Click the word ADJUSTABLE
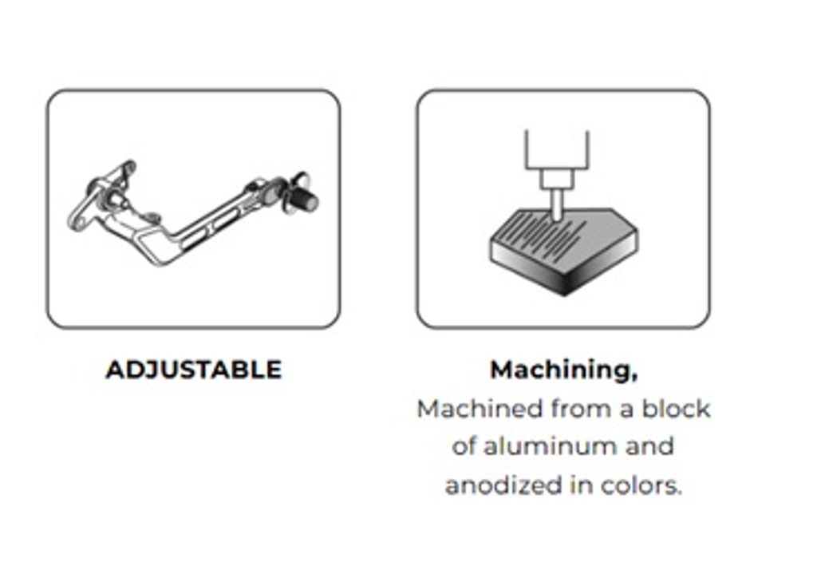pos(193,370)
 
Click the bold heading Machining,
pos(564,370)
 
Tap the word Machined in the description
pos(480,408)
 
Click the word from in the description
pos(581,408)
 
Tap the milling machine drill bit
pos(556,204)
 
